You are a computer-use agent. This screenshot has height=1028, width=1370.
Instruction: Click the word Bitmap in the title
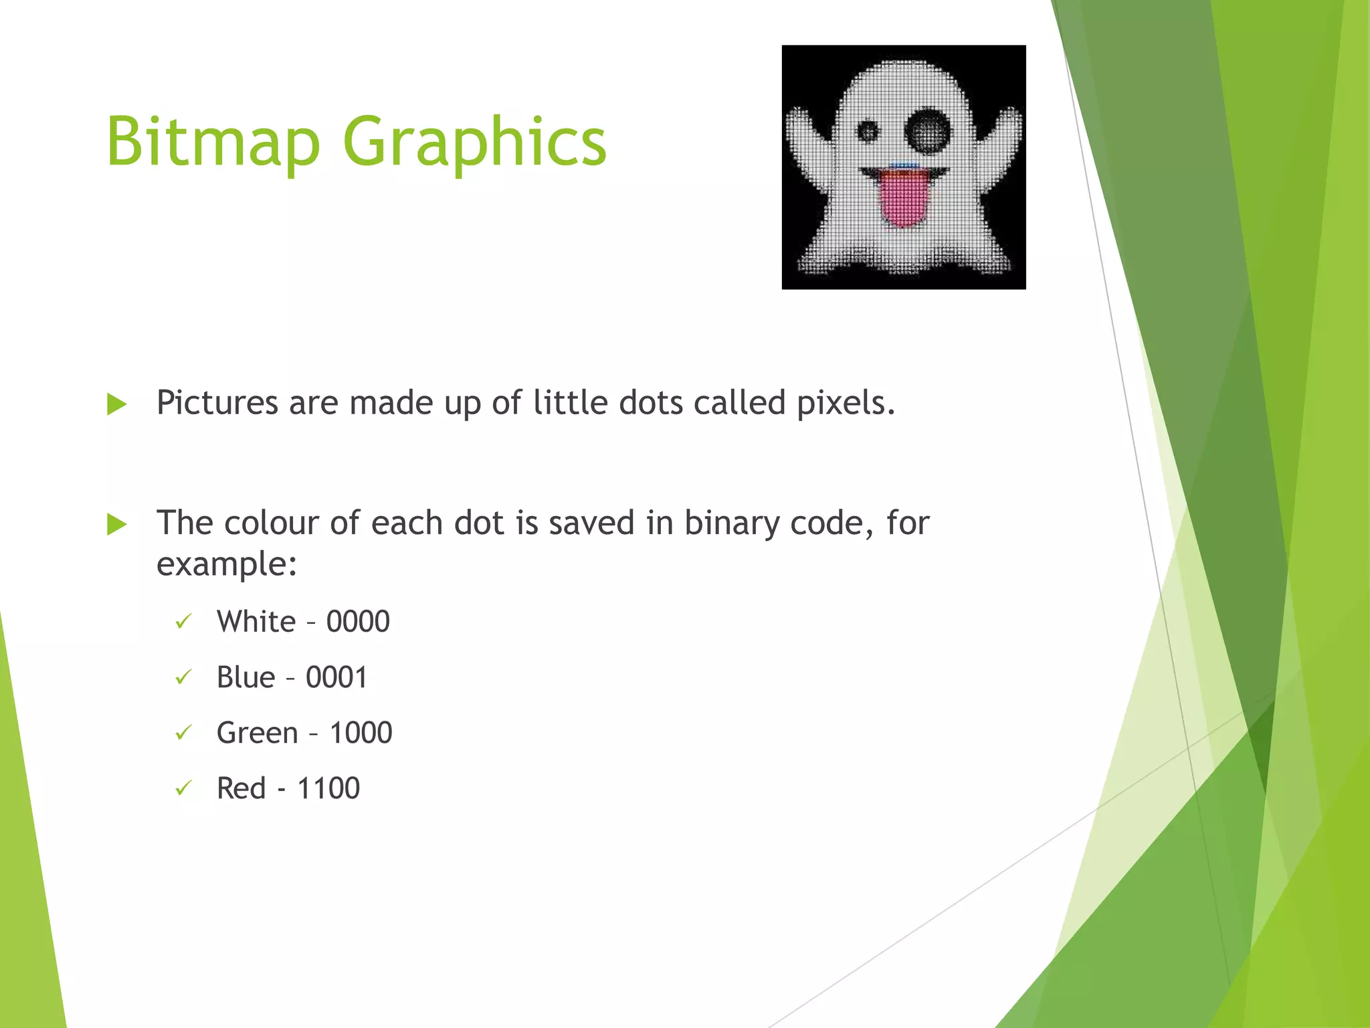[213, 142]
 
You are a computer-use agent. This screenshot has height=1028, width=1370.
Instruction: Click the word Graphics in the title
[474, 142]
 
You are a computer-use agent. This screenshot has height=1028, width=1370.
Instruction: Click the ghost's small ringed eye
[867, 131]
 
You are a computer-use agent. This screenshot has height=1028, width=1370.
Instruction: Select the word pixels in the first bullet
[846, 403]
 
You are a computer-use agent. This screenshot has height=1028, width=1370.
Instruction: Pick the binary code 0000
[358, 622]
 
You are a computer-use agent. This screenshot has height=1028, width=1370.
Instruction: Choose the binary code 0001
[336, 677]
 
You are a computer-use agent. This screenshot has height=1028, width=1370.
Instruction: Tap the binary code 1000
[361, 733]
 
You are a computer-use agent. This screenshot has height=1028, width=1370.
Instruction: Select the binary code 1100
[328, 788]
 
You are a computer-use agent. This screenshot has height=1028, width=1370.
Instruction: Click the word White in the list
[256, 622]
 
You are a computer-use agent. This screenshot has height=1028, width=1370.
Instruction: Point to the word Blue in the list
[246, 677]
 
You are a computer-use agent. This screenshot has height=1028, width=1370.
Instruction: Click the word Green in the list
[258, 733]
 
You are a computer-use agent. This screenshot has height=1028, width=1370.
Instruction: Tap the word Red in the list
[241, 788]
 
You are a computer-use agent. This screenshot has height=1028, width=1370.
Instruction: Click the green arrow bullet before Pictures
[117, 404]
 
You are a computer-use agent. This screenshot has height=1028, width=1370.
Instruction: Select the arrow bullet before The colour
[117, 524]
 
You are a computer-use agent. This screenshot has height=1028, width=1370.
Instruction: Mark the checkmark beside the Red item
[183, 788]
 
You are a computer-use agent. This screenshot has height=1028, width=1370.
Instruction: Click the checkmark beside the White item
[183, 622]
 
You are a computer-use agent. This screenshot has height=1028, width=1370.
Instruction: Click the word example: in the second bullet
[227, 564]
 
